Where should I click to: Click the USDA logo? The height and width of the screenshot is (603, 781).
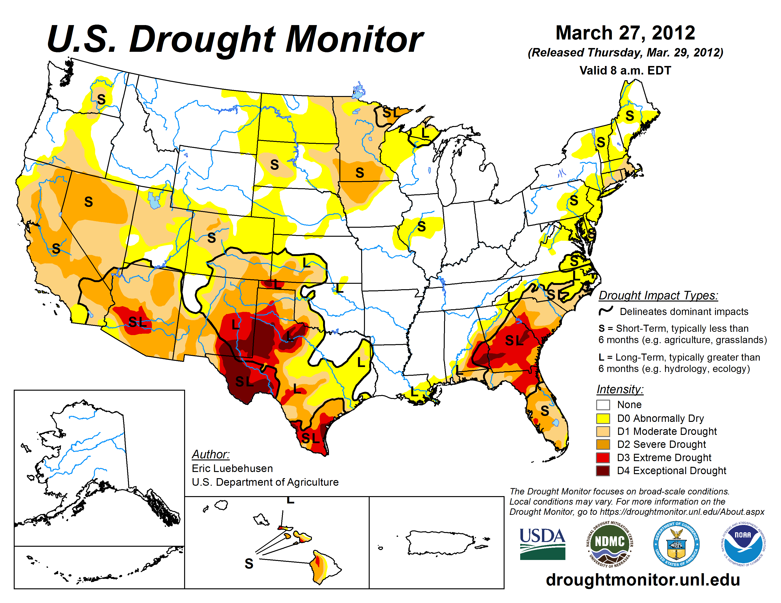[x=542, y=544]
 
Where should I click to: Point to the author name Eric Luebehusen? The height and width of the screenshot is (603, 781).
[x=232, y=468]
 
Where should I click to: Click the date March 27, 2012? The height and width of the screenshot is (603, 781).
[x=625, y=33]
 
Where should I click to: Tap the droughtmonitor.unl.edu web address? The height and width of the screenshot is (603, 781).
[x=643, y=579]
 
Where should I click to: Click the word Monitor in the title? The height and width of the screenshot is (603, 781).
[x=354, y=39]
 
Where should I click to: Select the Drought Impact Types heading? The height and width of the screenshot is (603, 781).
[x=658, y=295]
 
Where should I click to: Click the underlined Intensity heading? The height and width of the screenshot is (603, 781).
[x=620, y=389]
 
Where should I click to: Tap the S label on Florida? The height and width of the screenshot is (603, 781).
[x=544, y=411]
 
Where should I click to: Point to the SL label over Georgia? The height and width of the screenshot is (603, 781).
[x=514, y=341]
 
